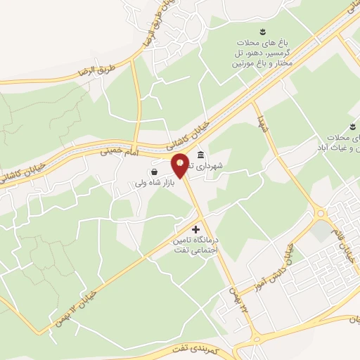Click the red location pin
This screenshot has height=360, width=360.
click(x=181, y=165)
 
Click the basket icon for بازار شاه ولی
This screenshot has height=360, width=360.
click(x=154, y=171)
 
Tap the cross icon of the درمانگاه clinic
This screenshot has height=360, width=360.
click(x=195, y=229)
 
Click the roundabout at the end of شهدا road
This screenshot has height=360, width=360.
click(x=321, y=212)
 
